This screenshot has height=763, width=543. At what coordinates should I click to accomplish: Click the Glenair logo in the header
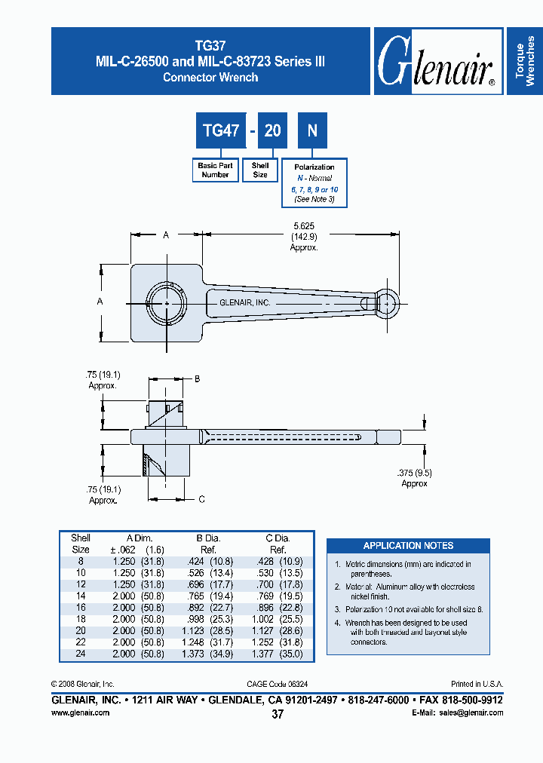pyautogui.click(x=437, y=62)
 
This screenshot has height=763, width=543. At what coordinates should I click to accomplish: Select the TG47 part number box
pyautogui.click(x=221, y=130)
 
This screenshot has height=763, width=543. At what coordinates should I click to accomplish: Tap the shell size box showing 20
pyautogui.click(x=272, y=130)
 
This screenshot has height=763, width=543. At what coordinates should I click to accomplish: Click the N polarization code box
pyautogui.click(x=312, y=130)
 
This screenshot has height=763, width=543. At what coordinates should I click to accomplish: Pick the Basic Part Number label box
pyautogui.click(x=215, y=170)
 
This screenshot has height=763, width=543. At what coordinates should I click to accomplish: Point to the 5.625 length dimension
pyautogui.click(x=305, y=225)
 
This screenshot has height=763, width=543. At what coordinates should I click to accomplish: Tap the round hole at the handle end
pyautogui.click(x=386, y=303)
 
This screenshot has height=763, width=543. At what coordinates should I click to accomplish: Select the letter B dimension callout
pyautogui.click(x=197, y=378)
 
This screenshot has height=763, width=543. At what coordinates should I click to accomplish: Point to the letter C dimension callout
pyautogui.click(x=201, y=499)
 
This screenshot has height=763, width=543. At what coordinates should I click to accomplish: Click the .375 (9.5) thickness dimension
pyautogui.click(x=414, y=473)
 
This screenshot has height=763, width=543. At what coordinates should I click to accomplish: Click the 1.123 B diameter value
pyautogui.click(x=196, y=630)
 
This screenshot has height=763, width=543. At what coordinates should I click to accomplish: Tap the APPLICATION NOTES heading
pyautogui.click(x=408, y=545)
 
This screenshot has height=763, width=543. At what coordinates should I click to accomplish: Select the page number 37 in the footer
pyautogui.click(x=277, y=715)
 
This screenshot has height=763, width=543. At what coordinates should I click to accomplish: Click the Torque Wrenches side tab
pyautogui.click(x=526, y=61)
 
